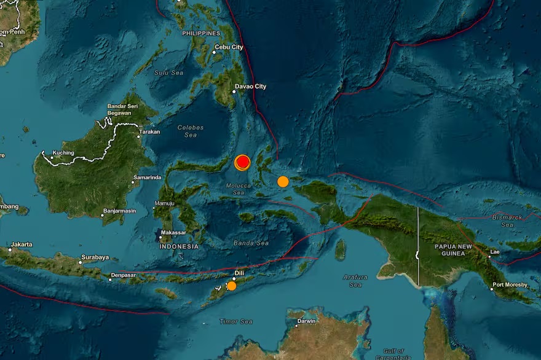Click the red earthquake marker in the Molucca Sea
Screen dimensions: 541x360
[x=243, y=162]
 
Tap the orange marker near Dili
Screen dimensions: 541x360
[x=231, y=286]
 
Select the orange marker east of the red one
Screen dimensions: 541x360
[x=283, y=181]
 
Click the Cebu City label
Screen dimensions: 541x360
[x=229, y=47]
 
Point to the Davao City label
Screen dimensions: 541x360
[x=252, y=87]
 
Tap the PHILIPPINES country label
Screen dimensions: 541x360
[x=201, y=33]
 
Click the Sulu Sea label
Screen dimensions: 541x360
[x=169, y=72]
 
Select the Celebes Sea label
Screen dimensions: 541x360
[x=190, y=131]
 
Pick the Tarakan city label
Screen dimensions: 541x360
[x=149, y=131]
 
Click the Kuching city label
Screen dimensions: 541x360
[x=63, y=153]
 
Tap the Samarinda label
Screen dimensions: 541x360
[x=147, y=178]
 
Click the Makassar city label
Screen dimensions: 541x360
[x=173, y=232]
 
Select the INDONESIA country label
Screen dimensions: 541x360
[x=179, y=246]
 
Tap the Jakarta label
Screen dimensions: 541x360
[x=21, y=244]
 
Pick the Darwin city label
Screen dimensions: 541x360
[x=306, y=321]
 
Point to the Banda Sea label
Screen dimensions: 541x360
[x=251, y=243]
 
